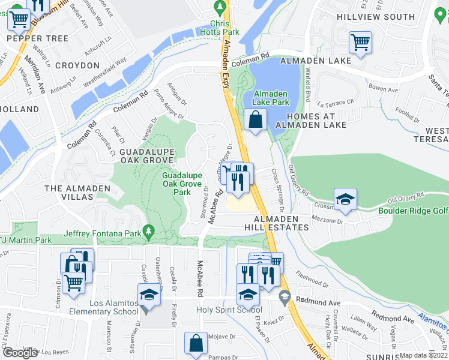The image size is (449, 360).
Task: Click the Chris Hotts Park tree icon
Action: click(x=220, y=7)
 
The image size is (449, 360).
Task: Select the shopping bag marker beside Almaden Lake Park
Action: click(x=256, y=118)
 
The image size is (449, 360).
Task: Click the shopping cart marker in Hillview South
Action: click(x=360, y=42)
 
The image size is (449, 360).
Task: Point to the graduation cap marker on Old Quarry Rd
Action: click(x=346, y=200)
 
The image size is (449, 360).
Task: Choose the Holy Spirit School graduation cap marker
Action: click(x=247, y=295)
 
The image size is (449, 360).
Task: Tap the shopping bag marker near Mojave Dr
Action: click(x=196, y=344)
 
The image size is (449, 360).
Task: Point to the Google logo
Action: click(x=20, y=353)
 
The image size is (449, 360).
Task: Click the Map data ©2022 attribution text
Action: click(x=424, y=355)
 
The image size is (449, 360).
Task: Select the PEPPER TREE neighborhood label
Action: click(x=29, y=38)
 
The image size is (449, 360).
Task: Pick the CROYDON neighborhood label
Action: click(x=77, y=65)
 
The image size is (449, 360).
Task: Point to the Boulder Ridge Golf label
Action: click(x=413, y=211)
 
